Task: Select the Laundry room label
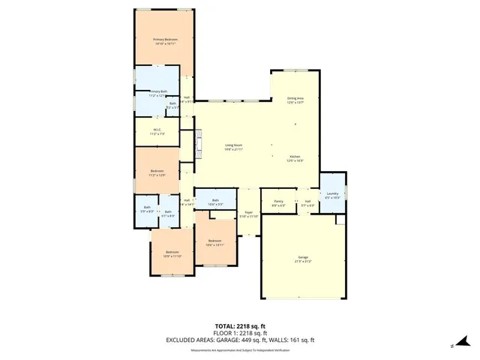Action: (332, 196)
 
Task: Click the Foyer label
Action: (248, 214)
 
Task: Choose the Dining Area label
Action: (295, 100)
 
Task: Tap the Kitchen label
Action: (295, 158)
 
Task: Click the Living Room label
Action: (233, 147)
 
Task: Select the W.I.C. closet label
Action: (157, 132)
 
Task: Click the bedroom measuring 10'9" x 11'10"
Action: (172, 254)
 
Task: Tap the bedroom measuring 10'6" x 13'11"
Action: (215, 243)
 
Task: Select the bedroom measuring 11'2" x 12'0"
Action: (157, 173)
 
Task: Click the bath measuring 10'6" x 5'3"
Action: (215, 202)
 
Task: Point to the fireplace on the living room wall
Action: (198, 142)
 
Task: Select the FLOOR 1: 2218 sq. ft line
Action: (240, 333)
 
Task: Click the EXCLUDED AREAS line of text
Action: (240, 340)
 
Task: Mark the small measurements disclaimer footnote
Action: (240, 349)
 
